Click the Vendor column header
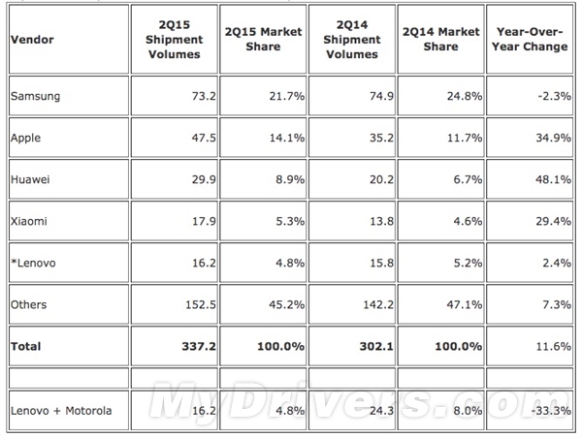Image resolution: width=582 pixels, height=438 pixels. tap(32, 40)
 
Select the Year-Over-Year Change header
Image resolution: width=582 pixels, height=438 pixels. tap(530, 40)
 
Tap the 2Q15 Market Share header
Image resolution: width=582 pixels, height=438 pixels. tap(263, 40)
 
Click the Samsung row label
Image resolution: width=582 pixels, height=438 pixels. tap(35, 96)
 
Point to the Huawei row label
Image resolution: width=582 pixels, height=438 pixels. tap(30, 179)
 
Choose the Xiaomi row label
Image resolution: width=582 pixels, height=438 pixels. tap(29, 221)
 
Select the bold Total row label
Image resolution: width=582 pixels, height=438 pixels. tap(25, 346)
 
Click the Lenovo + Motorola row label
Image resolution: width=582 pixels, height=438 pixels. tap(61, 411)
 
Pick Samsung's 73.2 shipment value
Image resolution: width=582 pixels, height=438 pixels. tap(204, 96)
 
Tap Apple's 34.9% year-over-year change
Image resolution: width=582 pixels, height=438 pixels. tap(554, 138)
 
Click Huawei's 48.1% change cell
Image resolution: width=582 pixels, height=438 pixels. tap(554, 179)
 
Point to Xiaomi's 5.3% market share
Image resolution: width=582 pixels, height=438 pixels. tap(290, 221)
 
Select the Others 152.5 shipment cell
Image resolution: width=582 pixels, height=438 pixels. tap(201, 304)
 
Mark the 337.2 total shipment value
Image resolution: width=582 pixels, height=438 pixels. tap(199, 346)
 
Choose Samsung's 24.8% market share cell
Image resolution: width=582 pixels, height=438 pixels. tap(465, 96)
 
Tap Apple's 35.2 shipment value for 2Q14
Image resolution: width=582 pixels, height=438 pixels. tap(381, 138)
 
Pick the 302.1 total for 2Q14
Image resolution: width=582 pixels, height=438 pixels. tap(376, 346)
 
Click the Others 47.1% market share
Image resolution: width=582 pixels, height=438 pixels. tap(465, 304)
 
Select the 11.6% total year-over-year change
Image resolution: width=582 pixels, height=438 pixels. tap(554, 346)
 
